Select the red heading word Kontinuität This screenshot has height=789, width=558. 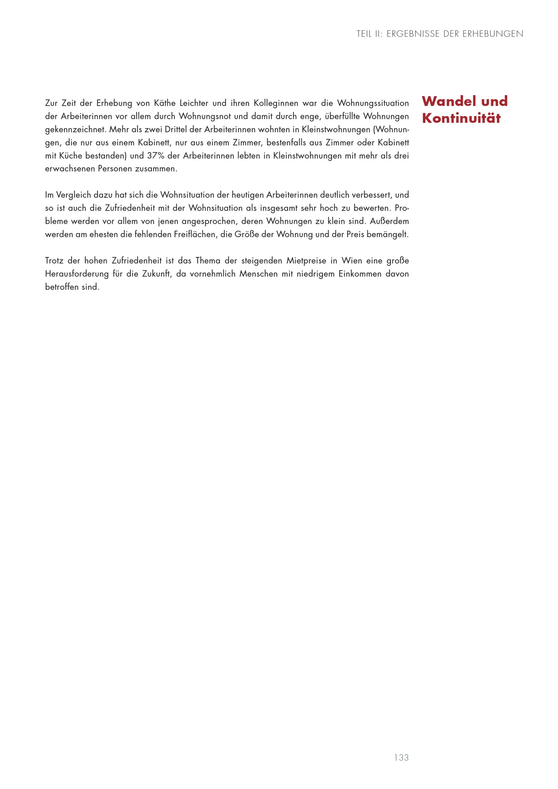pos(461,118)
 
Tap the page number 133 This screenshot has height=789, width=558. pos(401,738)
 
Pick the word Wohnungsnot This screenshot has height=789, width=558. pos(205,116)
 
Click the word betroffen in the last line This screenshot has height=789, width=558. pos(62,287)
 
